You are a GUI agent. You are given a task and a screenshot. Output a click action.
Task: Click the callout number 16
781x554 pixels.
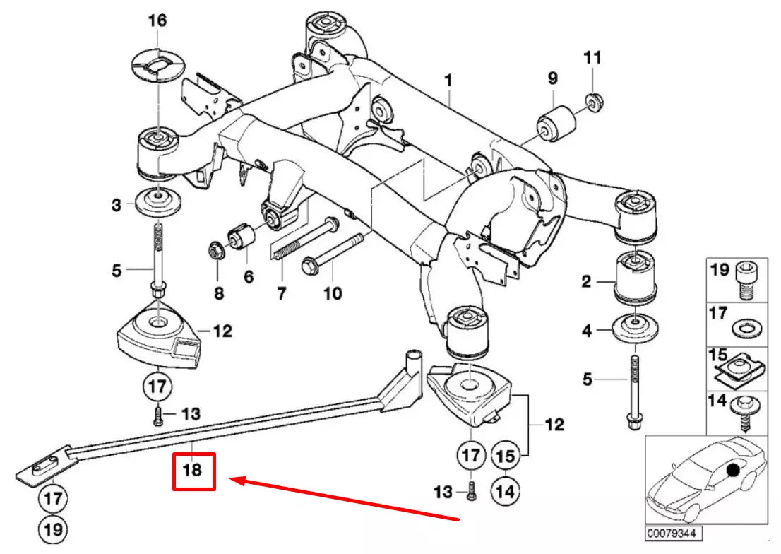tap(157, 20)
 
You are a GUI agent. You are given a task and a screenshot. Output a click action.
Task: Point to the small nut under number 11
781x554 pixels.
tap(593, 101)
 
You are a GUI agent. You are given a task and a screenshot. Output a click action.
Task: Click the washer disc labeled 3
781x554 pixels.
tap(157, 204)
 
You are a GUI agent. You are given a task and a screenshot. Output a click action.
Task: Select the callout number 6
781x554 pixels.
tap(248, 278)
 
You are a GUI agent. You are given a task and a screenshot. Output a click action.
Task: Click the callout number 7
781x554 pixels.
tap(282, 293)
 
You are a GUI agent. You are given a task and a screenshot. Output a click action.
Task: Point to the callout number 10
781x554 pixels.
tap(332, 292)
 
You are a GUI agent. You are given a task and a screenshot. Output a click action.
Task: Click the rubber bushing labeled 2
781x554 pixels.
tap(638, 283)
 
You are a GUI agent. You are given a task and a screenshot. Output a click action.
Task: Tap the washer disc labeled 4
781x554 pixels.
tap(638, 329)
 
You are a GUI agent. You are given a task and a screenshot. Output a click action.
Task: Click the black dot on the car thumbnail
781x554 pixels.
tap(734, 468)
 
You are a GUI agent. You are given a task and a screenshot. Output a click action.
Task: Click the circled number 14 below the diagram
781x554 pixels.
tap(504, 488)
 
